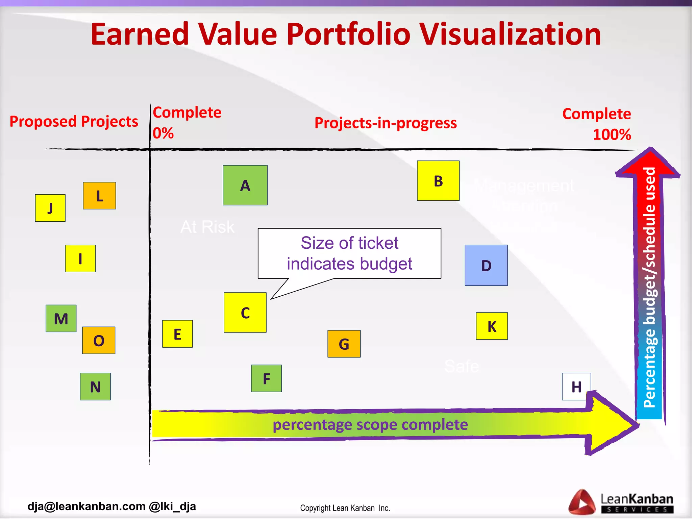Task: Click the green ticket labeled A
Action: pyautogui.click(x=245, y=185)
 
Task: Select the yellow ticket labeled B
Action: pyautogui.click(x=438, y=181)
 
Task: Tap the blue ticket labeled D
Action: pyautogui.click(x=486, y=265)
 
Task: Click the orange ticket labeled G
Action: pyautogui.click(x=344, y=344)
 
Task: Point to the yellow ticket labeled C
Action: pyautogui.click(x=245, y=313)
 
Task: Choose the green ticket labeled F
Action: pyautogui.click(x=266, y=378)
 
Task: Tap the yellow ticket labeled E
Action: pyautogui.click(x=177, y=334)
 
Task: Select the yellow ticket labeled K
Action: pyautogui.click(x=492, y=326)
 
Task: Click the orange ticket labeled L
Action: pyautogui.click(x=99, y=196)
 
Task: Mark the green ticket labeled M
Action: pyautogui.click(x=61, y=318)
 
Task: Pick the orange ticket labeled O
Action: pyautogui.click(x=99, y=340)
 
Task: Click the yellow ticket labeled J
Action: pyautogui.click(x=50, y=208)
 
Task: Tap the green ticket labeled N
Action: pyautogui.click(x=95, y=387)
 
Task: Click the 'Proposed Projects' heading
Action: pyautogui.click(x=74, y=121)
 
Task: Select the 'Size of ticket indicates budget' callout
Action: pyautogui.click(x=349, y=253)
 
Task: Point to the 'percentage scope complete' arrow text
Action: pyautogui.click(x=370, y=424)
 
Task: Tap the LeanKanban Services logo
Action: pyautogui.click(x=621, y=502)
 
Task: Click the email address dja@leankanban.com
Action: pyautogui.click(x=86, y=506)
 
